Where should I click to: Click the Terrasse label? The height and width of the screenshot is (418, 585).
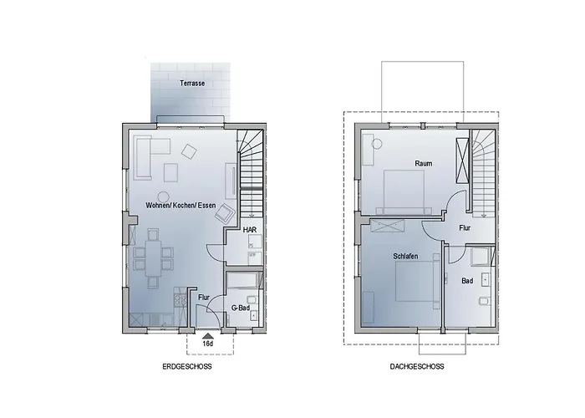[192, 84]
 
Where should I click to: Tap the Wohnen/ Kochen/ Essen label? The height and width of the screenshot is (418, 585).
[181, 206]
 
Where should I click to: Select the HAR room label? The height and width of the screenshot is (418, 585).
[250, 230]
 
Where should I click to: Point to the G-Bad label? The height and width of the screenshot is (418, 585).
[241, 308]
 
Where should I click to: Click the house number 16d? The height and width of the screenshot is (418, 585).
[208, 344]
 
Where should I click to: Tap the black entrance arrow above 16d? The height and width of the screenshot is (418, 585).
[208, 336]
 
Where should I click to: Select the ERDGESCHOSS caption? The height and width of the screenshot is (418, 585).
[187, 366]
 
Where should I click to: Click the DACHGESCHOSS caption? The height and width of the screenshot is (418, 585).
[417, 366]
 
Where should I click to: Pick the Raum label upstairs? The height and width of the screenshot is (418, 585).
[424, 164]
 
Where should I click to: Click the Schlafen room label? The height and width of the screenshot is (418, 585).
[405, 257]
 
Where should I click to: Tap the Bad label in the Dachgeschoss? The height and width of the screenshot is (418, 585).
[467, 281]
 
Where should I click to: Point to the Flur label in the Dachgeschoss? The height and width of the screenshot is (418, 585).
[465, 227]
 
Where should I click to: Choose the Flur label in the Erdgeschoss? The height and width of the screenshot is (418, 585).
[204, 298]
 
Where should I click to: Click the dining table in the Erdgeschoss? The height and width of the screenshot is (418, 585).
[153, 258]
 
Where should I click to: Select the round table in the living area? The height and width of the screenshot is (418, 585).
[164, 196]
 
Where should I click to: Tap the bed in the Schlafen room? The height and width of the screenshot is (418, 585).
[417, 281]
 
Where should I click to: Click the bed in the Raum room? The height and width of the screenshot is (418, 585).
[404, 191]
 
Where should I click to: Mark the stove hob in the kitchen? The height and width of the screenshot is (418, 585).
[180, 300]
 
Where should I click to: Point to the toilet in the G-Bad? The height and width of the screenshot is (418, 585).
[251, 299]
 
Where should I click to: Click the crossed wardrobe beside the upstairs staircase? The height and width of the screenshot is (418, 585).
[462, 161]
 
